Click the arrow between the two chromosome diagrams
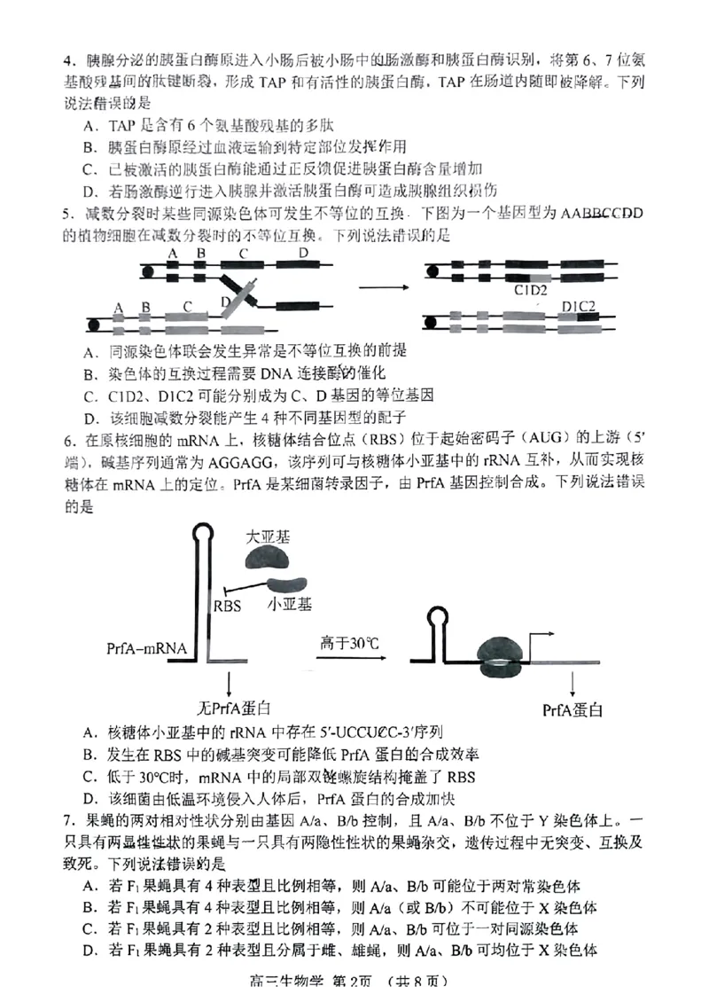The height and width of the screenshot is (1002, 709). [x=383, y=286]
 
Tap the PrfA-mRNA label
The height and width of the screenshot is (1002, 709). [x=145, y=648]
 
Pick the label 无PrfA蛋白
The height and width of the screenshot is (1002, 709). [x=233, y=708]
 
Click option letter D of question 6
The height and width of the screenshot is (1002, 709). [x=89, y=798]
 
